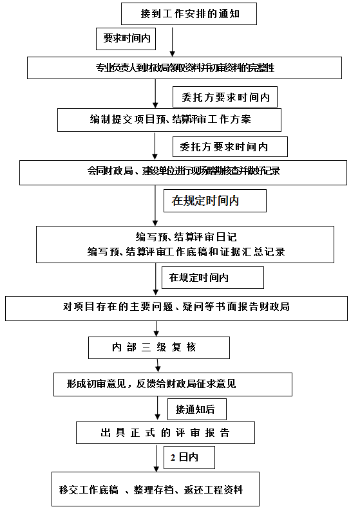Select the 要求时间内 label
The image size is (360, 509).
point(127,39)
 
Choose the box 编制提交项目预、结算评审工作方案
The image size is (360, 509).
point(169,120)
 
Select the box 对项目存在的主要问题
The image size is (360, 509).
point(176,307)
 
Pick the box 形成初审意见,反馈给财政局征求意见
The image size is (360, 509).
point(173,384)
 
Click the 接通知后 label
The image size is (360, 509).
point(191,408)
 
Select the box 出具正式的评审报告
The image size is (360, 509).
point(165,432)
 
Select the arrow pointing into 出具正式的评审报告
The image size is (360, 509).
point(157,409)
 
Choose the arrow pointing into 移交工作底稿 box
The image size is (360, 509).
point(156,459)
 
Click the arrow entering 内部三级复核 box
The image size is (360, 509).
point(156,329)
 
